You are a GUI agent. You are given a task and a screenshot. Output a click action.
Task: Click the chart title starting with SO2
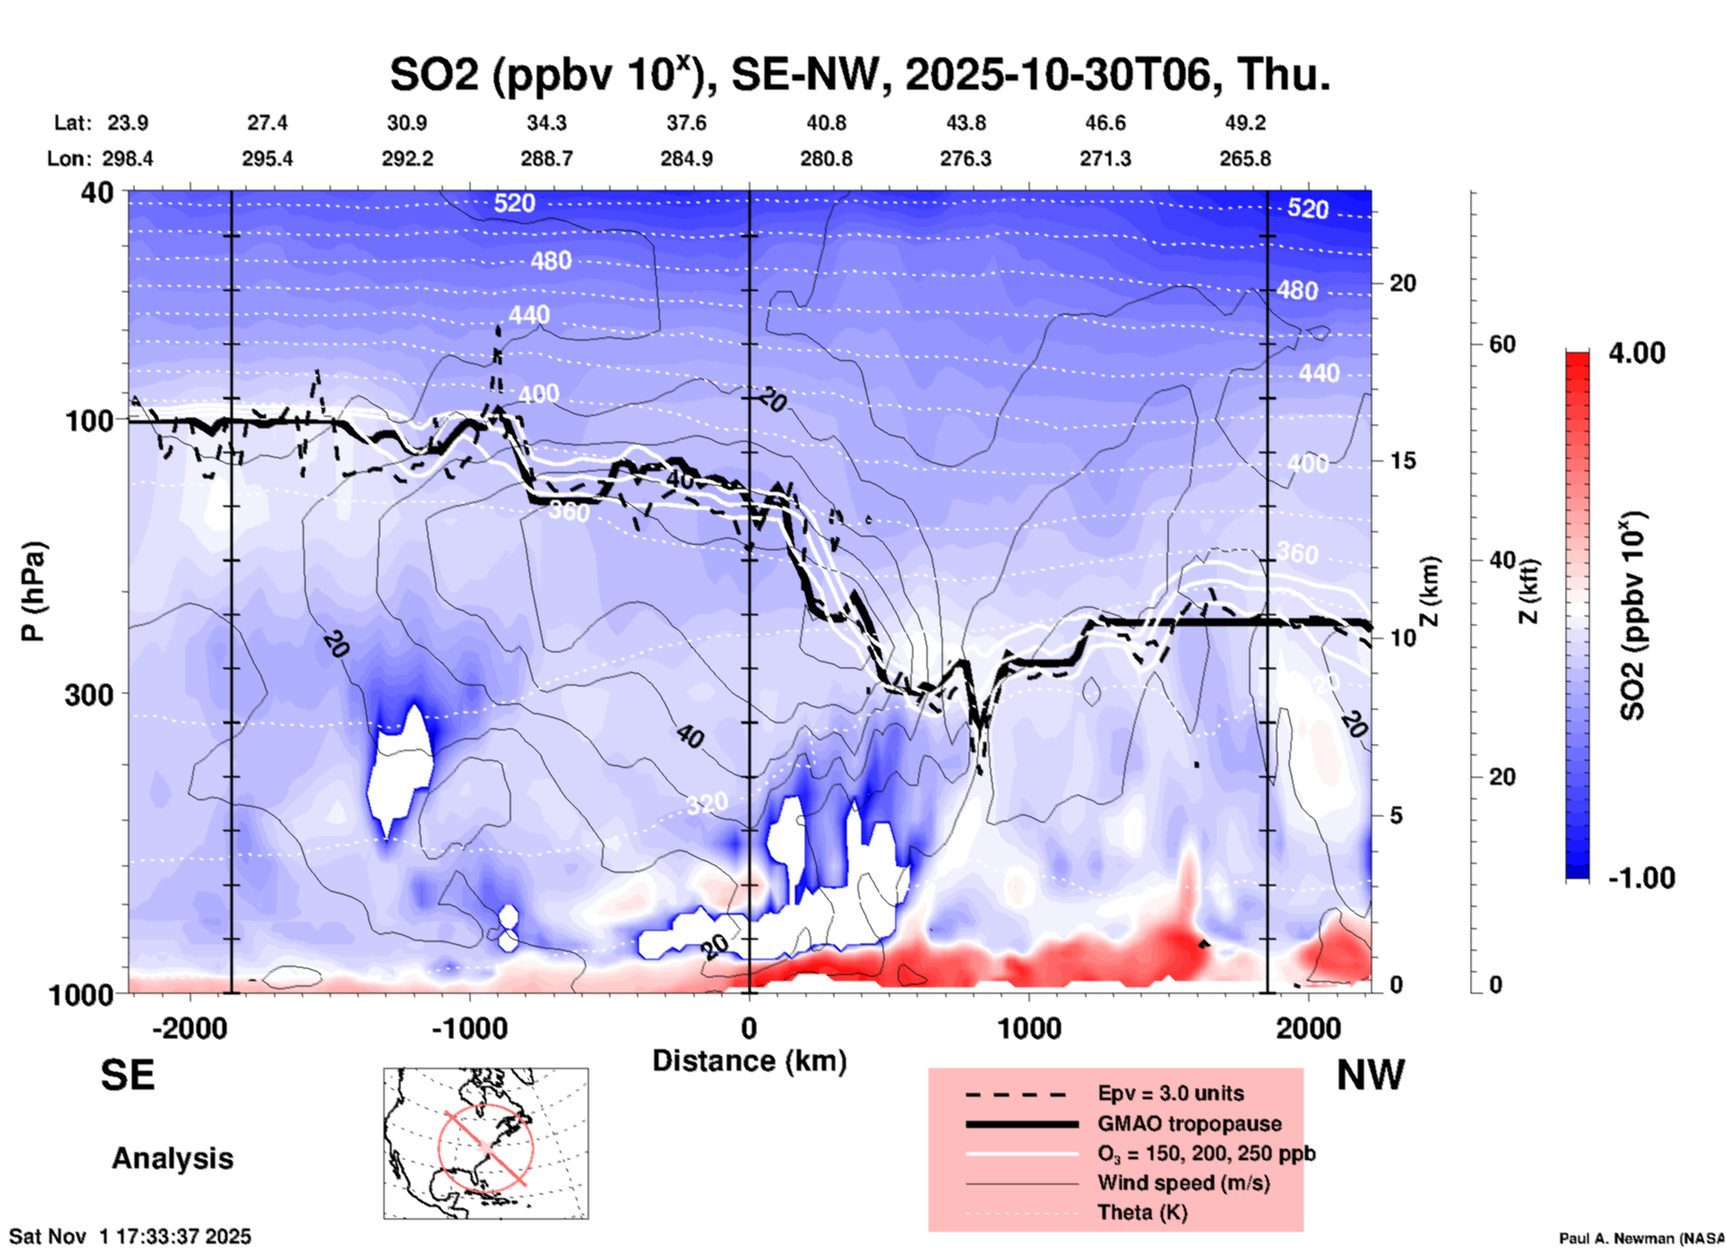[x=859, y=74]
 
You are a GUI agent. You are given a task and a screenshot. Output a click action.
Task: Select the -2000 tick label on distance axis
[x=189, y=1028]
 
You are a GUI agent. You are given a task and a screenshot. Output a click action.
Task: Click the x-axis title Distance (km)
[x=749, y=1061]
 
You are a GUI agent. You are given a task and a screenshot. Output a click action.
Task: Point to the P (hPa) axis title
[x=33, y=591]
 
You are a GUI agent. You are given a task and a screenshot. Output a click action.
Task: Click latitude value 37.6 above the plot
[x=686, y=123]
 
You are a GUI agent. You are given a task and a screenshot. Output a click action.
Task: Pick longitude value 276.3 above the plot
[x=965, y=159]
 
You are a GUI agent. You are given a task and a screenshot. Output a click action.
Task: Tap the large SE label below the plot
[x=127, y=1075]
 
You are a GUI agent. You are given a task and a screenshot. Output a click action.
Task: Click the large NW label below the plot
[x=1370, y=1075]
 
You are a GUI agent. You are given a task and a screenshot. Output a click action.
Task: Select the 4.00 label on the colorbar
[x=1636, y=352]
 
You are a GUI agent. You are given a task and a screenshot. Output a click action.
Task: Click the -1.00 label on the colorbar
[x=1641, y=878]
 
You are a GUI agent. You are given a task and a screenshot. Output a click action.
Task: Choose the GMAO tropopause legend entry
[x=1189, y=1124]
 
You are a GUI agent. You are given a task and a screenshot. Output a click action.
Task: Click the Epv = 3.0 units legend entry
[x=1170, y=1093]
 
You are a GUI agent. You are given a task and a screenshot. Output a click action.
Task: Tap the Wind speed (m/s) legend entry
[x=1183, y=1183]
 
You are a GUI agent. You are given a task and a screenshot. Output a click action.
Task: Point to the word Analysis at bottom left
[x=172, y=1159]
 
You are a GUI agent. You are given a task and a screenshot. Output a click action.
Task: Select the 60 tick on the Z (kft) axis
[x=1502, y=344]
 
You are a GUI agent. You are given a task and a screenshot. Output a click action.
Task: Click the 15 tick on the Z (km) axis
[x=1402, y=461]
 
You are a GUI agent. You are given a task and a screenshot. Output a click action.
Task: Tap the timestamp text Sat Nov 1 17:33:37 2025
[x=130, y=1236]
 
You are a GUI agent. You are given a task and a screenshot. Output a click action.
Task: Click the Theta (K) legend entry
[x=1142, y=1212]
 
